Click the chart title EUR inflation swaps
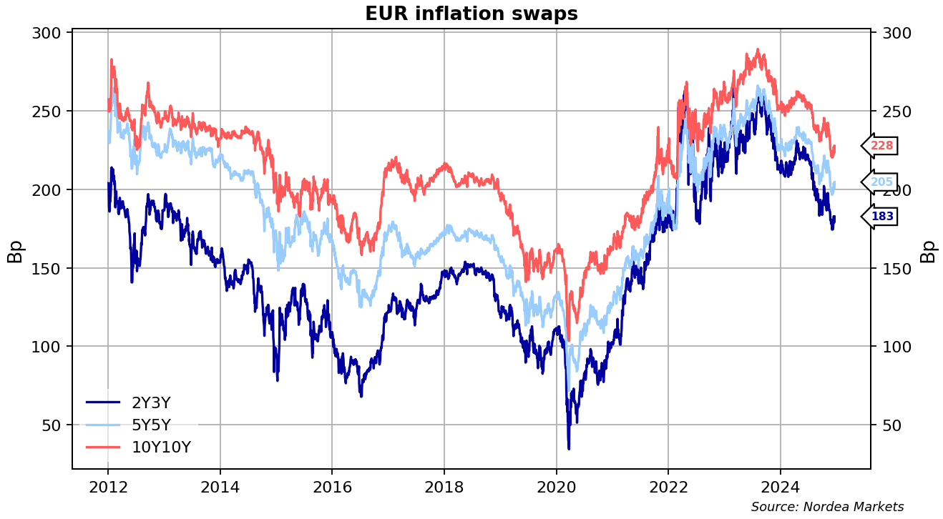[471, 14]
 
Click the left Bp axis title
[15, 251]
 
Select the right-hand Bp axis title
[928, 251]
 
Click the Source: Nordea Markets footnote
[827, 507]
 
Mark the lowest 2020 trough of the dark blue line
[569, 448]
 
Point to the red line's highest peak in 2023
[757, 50]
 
